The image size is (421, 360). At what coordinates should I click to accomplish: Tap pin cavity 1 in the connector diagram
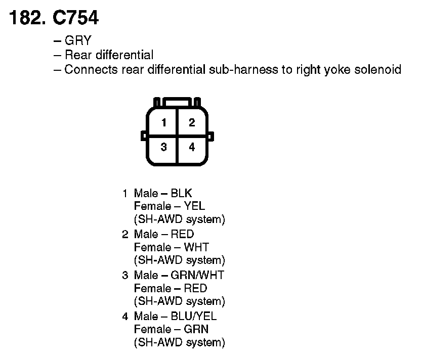[164, 122]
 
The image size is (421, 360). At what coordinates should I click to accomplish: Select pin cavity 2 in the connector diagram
[191, 122]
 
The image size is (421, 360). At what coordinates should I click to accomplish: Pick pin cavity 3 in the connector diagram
[164, 147]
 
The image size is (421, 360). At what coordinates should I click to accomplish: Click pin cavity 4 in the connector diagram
[191, 147]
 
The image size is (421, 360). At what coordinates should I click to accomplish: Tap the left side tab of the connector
[144, 136]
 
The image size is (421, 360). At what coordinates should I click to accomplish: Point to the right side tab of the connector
[211, 136]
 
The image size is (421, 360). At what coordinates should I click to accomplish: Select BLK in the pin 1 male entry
[182, 193]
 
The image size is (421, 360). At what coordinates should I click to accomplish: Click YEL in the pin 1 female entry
[194, 206]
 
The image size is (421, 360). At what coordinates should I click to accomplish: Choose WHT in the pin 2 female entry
[196, 247]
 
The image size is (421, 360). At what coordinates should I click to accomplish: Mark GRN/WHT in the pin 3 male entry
[197, 275]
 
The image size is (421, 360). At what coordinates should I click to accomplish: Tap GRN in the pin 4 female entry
[196, 329]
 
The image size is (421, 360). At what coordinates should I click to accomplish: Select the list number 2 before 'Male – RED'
[125, 234]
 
